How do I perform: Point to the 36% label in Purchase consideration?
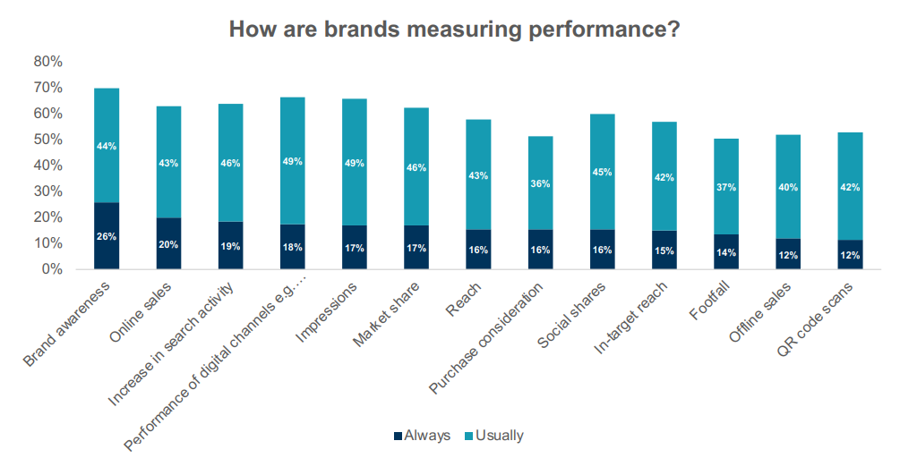click(x=540, y=183)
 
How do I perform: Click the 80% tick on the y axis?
click(x=47, y=62)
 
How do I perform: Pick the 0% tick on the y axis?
click(x=50, y=269)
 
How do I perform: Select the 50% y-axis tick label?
click(x=47, y=140)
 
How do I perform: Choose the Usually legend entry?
click(x=493, y=436)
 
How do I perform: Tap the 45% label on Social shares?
click(x=602, y=172)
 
